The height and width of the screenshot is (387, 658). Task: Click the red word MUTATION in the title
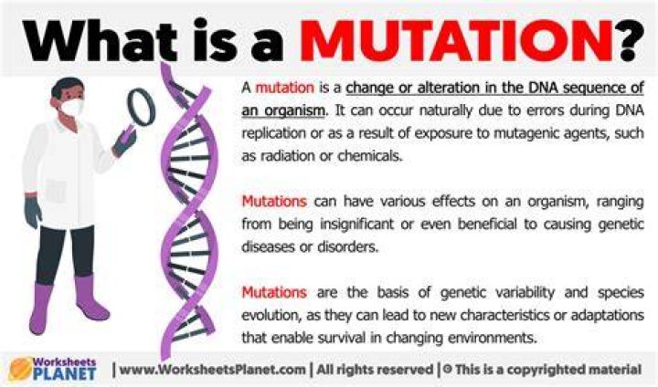point(455,41)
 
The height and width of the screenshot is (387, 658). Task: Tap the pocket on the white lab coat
point(57,191)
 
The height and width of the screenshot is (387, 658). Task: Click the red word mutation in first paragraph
point(285,88)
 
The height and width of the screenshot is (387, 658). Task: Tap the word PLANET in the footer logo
point(65,372)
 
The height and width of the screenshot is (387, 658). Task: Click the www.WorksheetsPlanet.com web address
point(212,370)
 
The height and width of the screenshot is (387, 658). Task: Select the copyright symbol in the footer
point(447,370)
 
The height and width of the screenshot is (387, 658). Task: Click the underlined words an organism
point(283,110)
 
